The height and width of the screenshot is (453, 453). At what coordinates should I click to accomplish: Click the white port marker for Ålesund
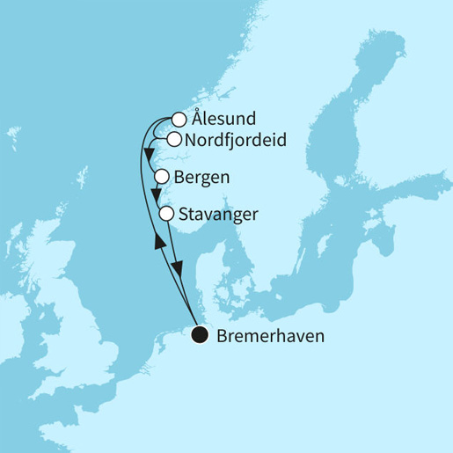coord(179,120)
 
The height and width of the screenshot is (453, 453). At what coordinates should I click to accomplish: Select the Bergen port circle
coord(162,176)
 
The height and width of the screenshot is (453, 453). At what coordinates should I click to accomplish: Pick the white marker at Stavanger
coord(166,213)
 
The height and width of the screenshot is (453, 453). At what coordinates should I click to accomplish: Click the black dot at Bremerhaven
coord(199,334)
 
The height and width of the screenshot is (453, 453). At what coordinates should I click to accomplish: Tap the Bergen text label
coord(203,177)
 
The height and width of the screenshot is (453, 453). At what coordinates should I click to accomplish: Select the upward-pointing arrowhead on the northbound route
coord(158,240)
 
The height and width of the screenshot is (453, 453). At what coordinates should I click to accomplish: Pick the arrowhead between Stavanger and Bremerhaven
coord(180,271)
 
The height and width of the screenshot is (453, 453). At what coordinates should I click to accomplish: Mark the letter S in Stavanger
coord(183,213)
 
